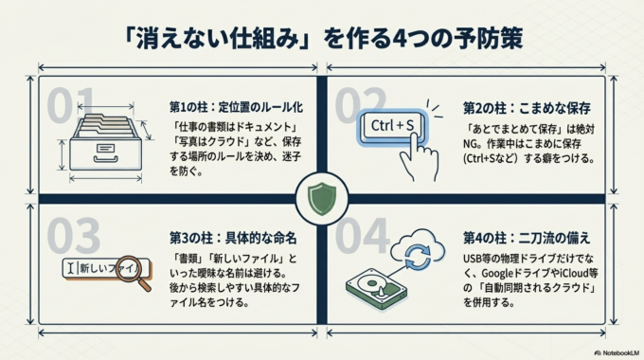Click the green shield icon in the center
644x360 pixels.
(x=322, y=198)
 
